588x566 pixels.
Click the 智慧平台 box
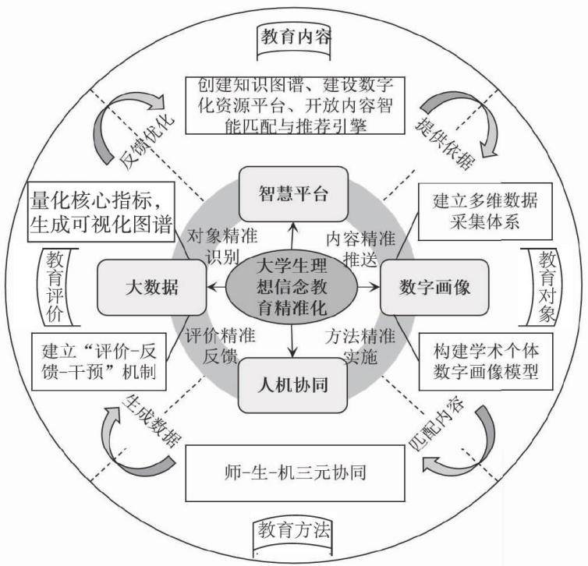294,194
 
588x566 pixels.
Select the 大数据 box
151,288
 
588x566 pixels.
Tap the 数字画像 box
434,288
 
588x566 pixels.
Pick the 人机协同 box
293,385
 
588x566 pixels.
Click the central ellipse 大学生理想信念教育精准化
292,288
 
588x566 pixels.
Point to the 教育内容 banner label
294,41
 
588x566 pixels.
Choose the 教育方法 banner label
293,531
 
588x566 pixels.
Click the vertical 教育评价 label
55,287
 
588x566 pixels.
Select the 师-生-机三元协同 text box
296,473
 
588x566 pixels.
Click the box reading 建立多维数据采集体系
485,211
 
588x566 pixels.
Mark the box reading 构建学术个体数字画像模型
486,361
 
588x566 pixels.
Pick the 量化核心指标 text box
101,212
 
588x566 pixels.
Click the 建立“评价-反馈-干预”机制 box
99,362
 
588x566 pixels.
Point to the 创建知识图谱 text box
296,106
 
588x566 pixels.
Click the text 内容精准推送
360,249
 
